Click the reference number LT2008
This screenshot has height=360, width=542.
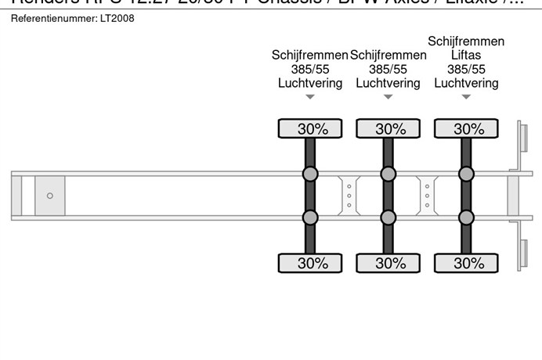pos(117,18)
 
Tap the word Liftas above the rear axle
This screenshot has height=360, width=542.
pos(466,56)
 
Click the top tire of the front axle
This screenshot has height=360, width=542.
pos(310,129)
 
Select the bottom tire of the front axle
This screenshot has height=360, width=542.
pos(310,263)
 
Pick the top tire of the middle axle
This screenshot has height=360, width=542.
pos(388,129)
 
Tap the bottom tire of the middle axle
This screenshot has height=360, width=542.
pos(388,263)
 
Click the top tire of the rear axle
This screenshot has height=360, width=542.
pos(467,129)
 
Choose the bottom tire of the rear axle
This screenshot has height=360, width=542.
pos(467,263)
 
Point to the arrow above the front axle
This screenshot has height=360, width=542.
pos(310,97)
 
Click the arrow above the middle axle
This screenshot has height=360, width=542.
pos(388,97)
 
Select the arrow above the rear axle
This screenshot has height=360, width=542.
pos(467,97)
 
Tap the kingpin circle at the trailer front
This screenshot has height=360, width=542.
pos(50,196)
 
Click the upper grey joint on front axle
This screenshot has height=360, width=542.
pos(310,174)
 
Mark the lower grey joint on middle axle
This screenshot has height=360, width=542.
pos(388,217)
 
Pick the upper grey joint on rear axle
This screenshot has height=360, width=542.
pos(467,174)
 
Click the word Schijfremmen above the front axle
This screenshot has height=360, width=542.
pos(309,55)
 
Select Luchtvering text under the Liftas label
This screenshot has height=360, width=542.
pos(466,83)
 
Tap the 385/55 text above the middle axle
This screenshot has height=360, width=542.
pos(388,69)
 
